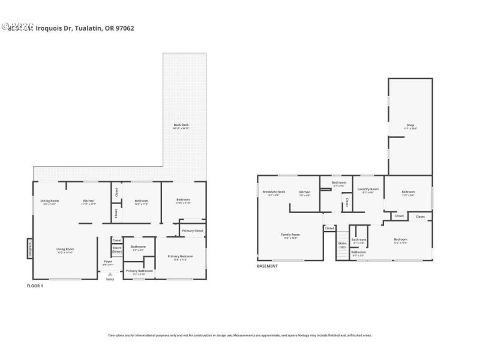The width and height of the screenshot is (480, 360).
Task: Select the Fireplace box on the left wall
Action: pos(29,248)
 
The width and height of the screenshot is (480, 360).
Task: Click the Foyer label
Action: pos(108,262)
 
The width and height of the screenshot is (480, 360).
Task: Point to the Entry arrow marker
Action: pos(110,274)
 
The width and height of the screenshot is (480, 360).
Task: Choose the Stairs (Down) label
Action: pos(117,249)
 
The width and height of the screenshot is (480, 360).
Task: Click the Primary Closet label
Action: pos(193,231)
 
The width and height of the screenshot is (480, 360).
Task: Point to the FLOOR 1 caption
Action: pos(35,286)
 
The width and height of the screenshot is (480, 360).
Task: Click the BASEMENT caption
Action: pos(267,266)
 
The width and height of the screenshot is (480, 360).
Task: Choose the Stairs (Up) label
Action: pos(342,245)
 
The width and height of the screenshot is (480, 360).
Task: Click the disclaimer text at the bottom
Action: pos(240,335)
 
